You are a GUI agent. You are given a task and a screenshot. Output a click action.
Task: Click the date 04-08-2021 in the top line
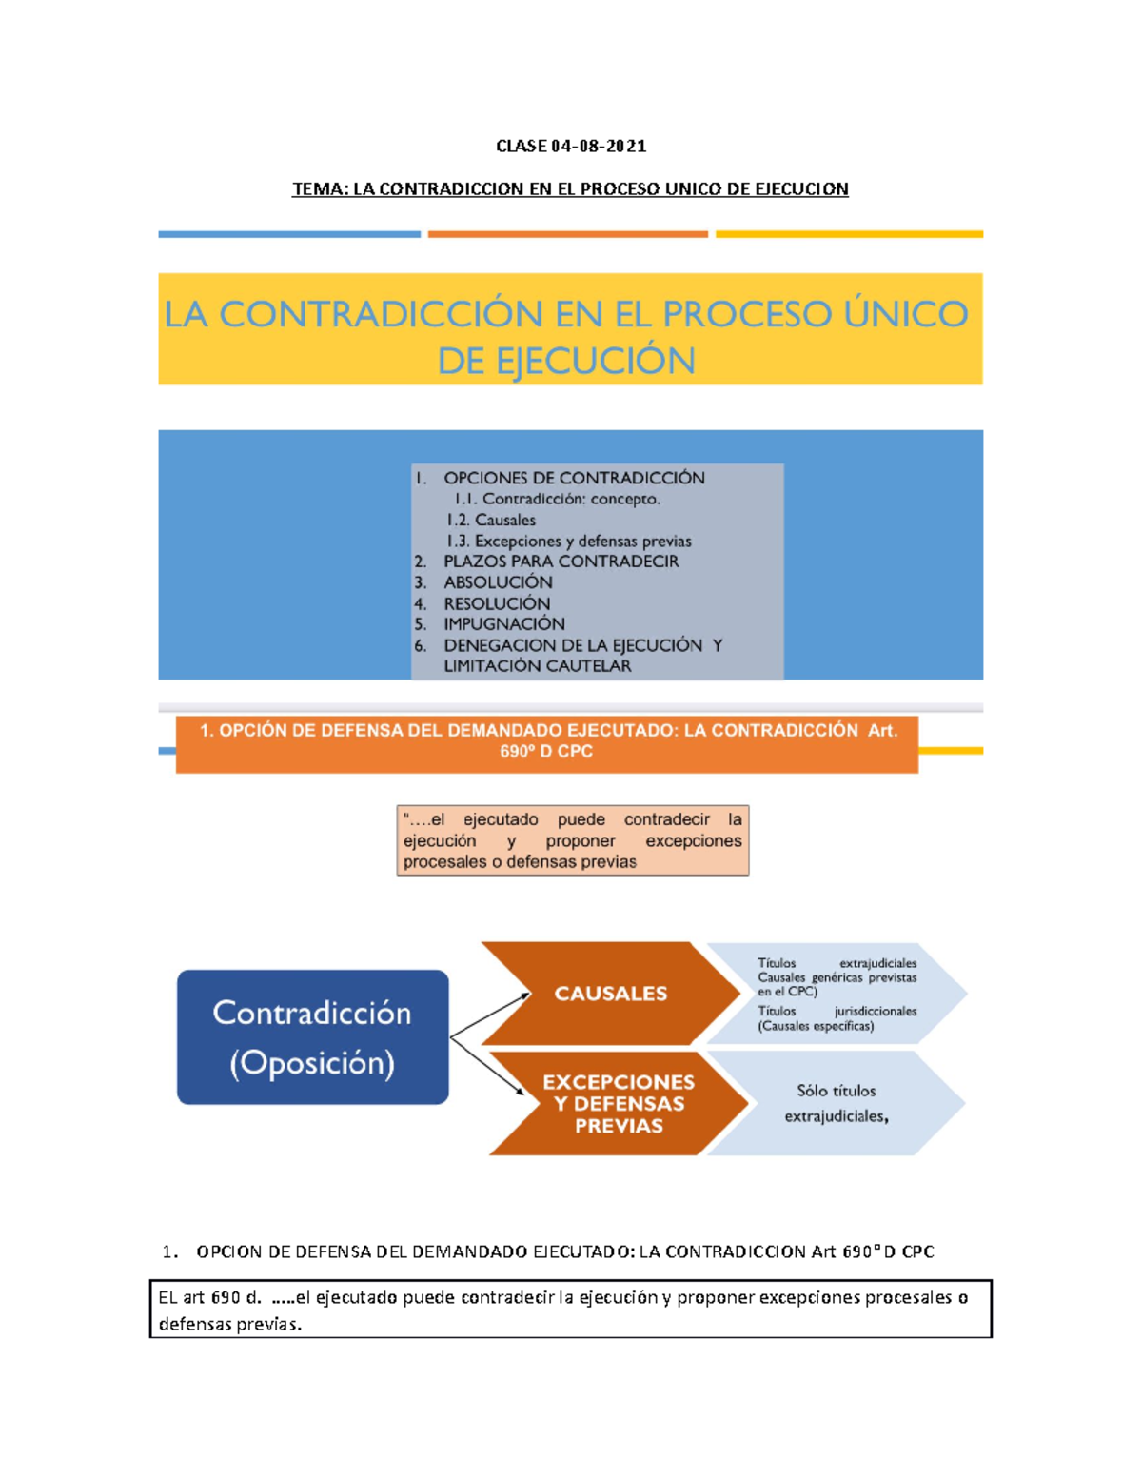click(599, 146)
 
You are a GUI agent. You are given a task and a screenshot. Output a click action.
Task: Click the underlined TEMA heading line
click(570, 188)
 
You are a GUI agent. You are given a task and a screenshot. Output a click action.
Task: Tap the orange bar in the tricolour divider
click(567, 233)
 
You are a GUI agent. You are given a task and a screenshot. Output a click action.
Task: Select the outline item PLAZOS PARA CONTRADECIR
click(561, 562)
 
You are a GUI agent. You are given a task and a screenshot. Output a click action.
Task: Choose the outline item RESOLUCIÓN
click(496, 603)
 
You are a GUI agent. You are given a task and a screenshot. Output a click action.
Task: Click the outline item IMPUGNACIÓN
click(503, 624)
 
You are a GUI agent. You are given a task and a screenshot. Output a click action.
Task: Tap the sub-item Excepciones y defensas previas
click(582, 541)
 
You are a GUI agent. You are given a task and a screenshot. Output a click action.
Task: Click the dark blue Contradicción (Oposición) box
click(312, 1036)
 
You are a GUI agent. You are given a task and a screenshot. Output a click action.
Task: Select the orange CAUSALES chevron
click(610, 994)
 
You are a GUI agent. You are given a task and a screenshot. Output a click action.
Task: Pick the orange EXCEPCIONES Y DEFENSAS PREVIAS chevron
click(619, 1104)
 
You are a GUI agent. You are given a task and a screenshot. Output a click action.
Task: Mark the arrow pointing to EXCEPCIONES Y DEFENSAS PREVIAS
click(487, 1065)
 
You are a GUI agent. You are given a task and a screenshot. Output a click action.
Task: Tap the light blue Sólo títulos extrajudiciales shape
click(836, 1104)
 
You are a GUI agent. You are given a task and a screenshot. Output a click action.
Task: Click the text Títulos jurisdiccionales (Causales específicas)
click(837, 1018)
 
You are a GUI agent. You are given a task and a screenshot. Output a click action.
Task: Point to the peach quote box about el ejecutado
click(572, 840)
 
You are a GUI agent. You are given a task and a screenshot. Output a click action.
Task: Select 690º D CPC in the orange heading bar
click(546, 752)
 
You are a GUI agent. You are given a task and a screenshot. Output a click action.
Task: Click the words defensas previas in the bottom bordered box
click(228, 1324)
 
